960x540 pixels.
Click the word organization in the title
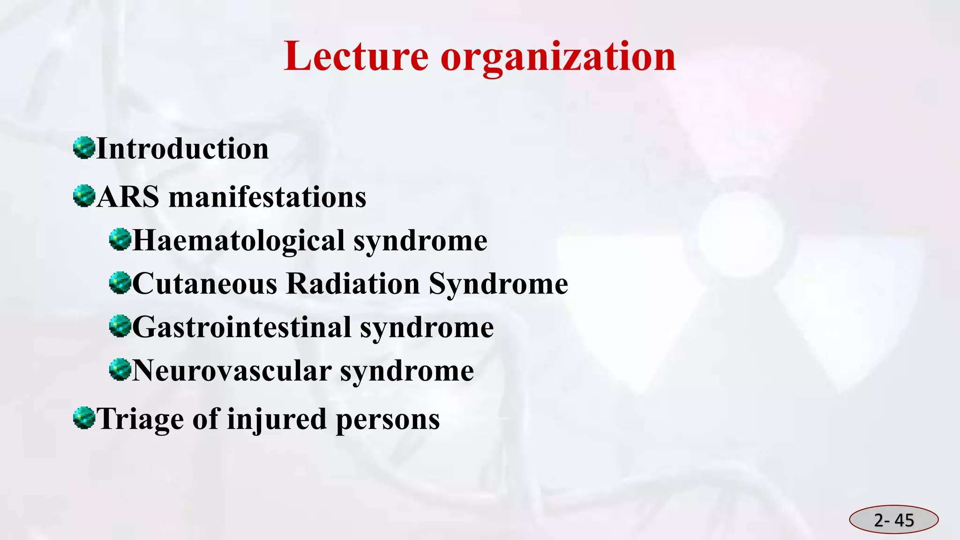[x=558, y=57]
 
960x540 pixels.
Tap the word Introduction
[x=182, y=149]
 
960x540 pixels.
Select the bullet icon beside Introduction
[x=84, y=148]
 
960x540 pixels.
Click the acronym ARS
[x=128, y=197]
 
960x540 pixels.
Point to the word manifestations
[x=267, y=197]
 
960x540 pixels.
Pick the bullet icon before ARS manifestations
[x=84, y=196]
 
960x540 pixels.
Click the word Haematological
[x=239, y=240]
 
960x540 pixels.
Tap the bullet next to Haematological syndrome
[x=120, y=240]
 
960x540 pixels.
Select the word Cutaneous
[x=205, y=284]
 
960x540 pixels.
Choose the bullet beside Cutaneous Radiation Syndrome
[x=120, y=283]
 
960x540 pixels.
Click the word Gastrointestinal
[x=242, y=327]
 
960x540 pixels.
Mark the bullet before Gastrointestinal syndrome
[x=120, y=326]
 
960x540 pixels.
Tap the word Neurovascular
[x=232, y=371]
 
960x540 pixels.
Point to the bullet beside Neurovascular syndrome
[x=120, y=369]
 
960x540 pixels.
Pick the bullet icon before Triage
[x=84, y=418]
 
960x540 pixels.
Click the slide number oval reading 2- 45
[x=893, y=520]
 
